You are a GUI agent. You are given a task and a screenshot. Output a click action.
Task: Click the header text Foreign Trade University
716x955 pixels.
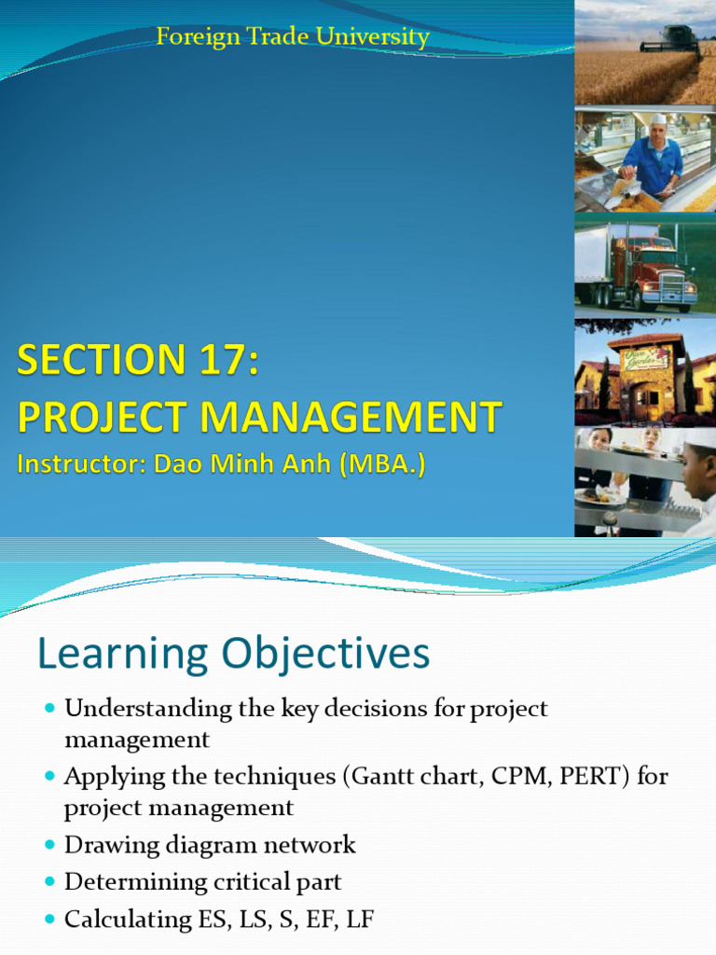(293, 37)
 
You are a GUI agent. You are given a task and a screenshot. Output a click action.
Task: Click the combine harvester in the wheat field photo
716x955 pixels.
(671, 39)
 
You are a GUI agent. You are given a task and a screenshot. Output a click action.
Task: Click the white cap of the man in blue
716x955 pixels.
(659, 119)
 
